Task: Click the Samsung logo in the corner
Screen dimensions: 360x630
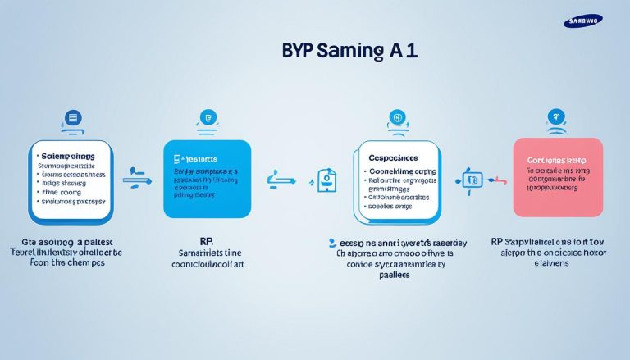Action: coord(582,21)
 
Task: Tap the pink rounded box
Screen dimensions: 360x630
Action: coord(557,176)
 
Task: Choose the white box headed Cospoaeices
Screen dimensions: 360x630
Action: coord(397,180)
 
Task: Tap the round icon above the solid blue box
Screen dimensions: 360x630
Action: coord(208,118)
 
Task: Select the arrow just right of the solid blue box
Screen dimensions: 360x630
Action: coord(279,177)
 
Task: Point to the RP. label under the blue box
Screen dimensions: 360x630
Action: coord(185,243)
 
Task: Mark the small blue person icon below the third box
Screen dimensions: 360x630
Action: coord(331,243)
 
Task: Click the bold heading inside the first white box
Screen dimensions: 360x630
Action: coord(67,155)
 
